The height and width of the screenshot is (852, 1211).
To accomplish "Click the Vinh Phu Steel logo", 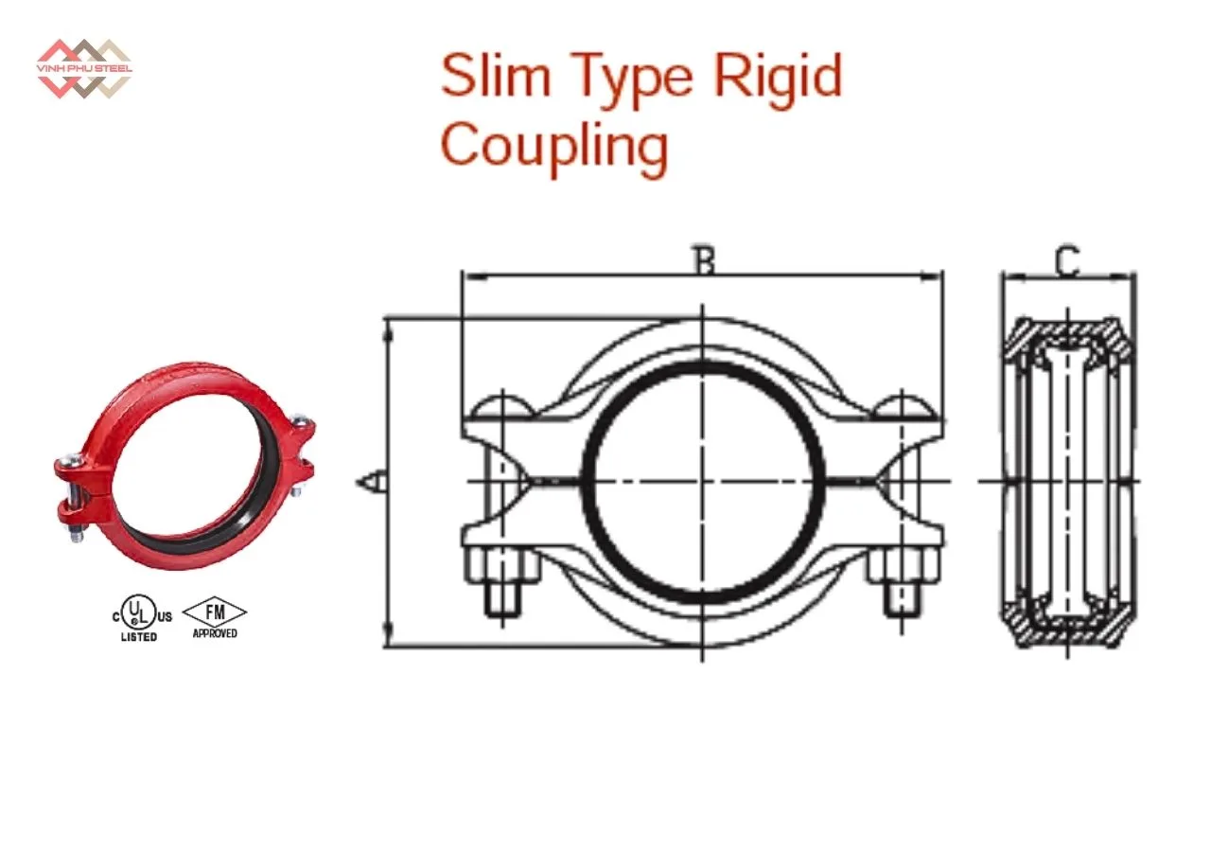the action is (84, 69).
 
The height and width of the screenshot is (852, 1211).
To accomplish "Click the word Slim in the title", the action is (496, 75).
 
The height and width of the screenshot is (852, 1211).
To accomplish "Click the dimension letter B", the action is (705, 260).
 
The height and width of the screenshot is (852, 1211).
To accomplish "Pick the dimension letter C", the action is (1068, 261).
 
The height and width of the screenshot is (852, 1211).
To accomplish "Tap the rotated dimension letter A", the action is (372, 481).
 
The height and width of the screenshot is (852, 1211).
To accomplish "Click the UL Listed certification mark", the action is (142, 617).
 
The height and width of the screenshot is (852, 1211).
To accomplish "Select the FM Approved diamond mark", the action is (215, 617).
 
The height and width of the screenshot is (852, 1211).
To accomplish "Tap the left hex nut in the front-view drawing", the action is (502, 566).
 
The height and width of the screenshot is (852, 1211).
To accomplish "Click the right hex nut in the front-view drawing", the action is (902, 566).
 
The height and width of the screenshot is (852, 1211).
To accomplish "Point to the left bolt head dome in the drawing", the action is (502, 407).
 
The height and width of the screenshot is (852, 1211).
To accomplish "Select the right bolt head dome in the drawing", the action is (902, 407).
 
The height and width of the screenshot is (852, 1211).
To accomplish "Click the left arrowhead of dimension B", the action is (476, 277).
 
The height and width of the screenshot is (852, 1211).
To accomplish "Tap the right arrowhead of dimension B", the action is (931, 277).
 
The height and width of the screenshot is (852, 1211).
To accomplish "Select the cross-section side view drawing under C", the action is (1068, 481).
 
